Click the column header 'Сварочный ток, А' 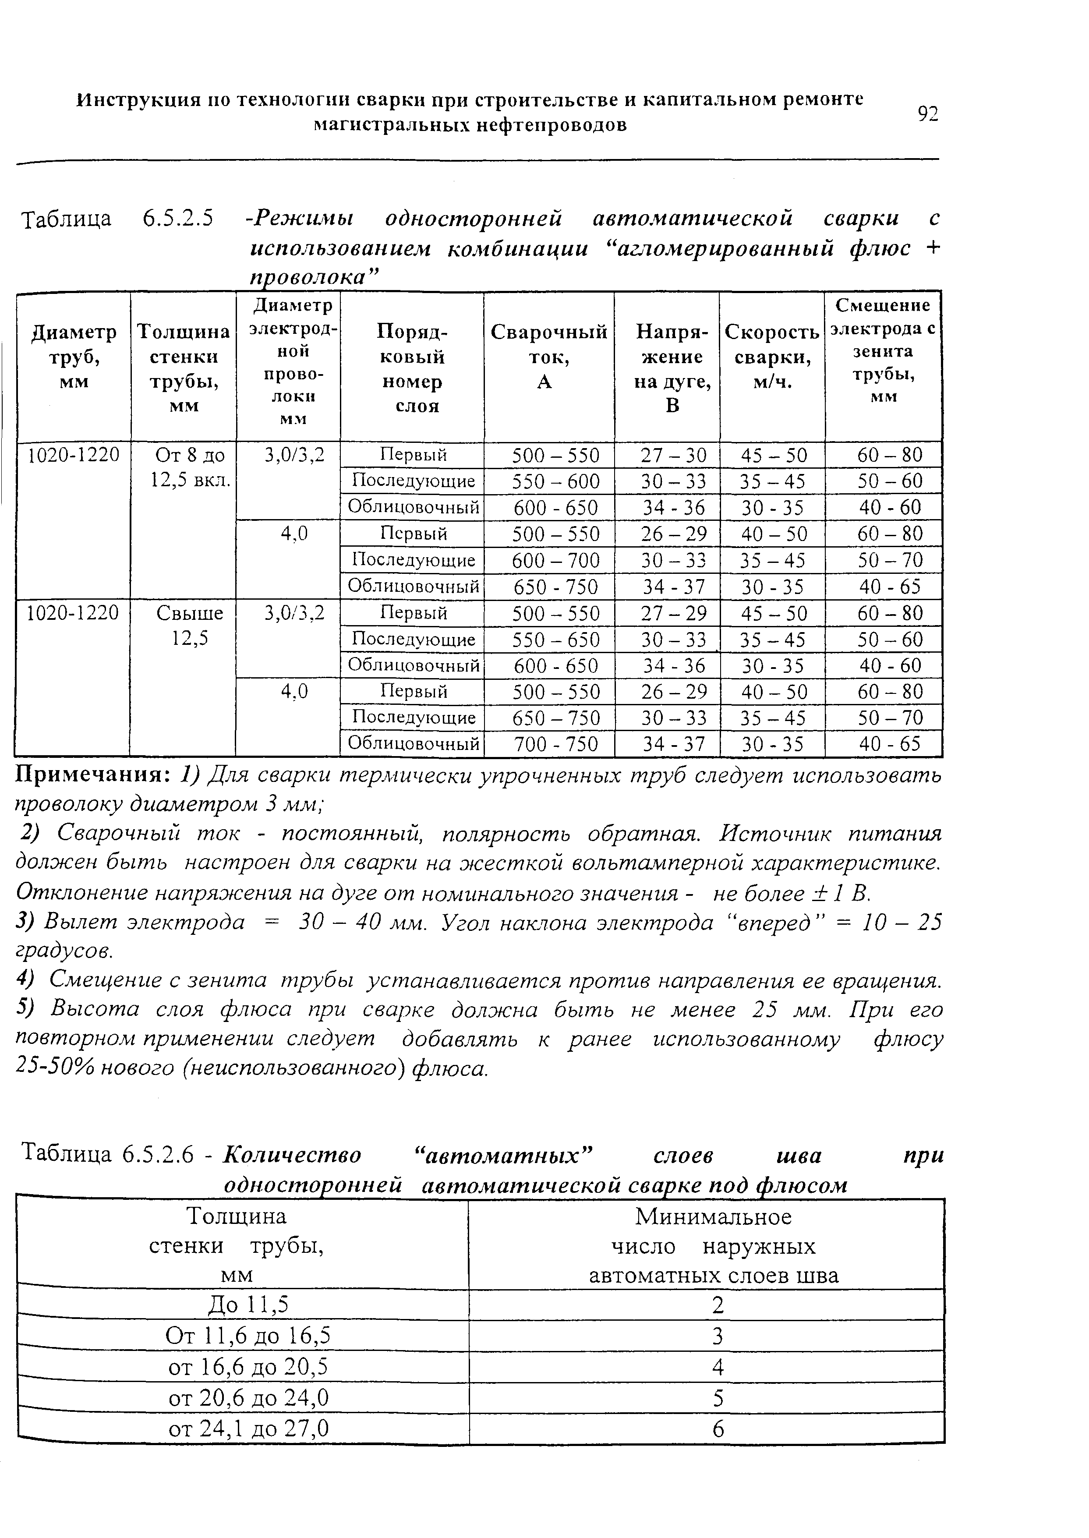(x=548, y=357)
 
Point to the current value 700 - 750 (x=548, y=744)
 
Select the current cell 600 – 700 (x=548, y=560)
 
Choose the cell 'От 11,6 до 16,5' (x=248, y=1336)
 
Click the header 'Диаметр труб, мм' (x=74, y=357)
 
